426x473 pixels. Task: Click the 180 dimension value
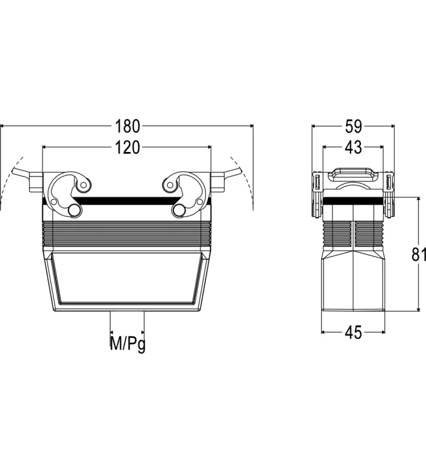pos(127,126)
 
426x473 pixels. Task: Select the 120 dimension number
pos(127,147)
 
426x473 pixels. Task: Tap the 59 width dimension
pos(353,126)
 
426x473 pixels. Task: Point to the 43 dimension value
pos(353,147)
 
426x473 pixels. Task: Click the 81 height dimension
pos(419,254)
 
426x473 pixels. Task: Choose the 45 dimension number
pos(353,332)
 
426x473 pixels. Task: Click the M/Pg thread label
pos(127,344)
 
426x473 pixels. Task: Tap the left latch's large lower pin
pos(75,210)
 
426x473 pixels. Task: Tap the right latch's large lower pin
pos(179,210)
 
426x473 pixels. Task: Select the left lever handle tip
pos(14,171)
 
